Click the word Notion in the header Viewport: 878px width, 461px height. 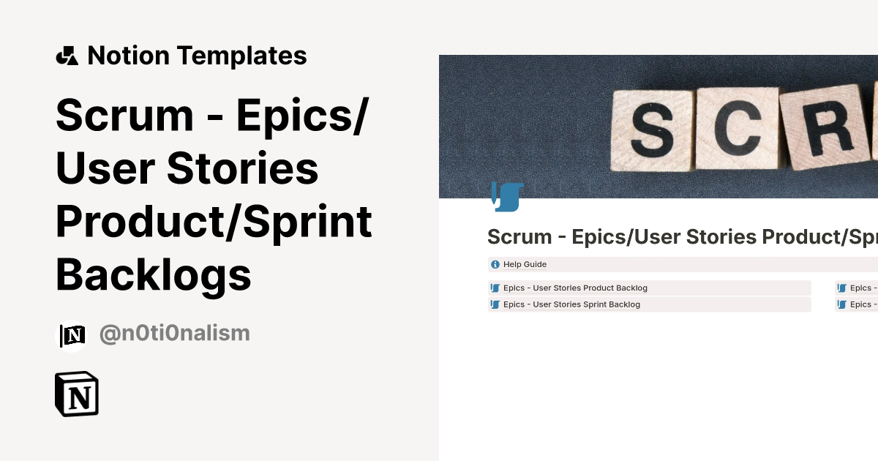coord(128,56)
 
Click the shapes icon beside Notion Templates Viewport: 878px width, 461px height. coord(67,56)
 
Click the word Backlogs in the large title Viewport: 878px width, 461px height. coord(154,275)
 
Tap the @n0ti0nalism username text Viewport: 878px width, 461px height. coord(174,334)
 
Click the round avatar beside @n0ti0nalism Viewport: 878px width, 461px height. coord(72,335)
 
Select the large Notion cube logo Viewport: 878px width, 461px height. coord(77,394)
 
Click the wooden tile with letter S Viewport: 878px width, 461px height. coord(651,130)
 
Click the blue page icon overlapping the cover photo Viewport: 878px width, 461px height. coord(507,195)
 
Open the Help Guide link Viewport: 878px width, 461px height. coord(525,264)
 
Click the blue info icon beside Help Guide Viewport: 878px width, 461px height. coord(495,264)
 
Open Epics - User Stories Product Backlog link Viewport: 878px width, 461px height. coord(575,288)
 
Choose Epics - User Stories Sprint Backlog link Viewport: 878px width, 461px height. coord(571,304)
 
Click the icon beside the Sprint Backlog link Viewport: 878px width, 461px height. coord(495,304)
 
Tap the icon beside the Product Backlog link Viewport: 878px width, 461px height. coord(495,288)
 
